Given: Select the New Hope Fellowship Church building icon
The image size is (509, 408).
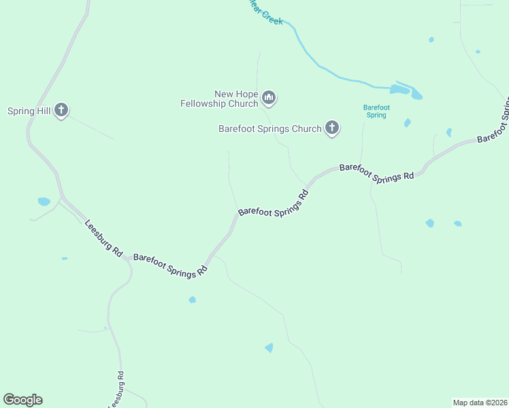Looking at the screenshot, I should coord(269,99).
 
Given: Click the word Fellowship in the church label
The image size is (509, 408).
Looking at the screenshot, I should coord(209,104).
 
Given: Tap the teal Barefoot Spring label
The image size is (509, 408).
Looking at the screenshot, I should coord(376,111).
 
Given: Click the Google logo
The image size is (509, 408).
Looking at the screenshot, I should coord(22,400).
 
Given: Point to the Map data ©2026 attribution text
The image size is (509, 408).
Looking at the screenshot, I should coord(480,402).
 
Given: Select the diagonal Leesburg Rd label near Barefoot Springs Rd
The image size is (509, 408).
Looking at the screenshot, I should coord(103,238).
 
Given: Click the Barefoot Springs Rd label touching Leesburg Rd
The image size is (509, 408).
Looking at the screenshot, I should coord(170,265).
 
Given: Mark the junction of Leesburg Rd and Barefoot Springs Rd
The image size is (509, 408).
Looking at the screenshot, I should coord(127,258).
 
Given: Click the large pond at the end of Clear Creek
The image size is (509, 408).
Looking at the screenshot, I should coord(406,90).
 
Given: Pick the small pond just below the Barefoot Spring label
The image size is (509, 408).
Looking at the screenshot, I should coord(407,123).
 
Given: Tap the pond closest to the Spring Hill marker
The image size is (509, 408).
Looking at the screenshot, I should coord(44,201).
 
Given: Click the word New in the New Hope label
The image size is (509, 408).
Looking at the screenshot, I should coord(224,95).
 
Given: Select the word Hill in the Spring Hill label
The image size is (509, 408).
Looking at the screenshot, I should coord(44,111).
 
